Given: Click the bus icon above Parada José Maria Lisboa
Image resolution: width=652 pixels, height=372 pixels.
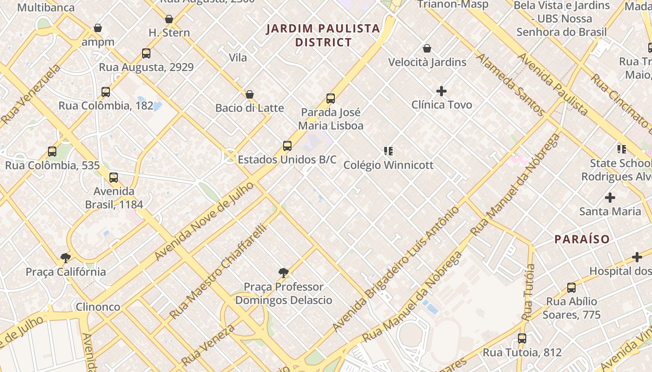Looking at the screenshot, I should coord(331,99).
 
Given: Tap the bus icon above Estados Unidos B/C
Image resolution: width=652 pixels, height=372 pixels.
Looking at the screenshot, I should coord(287,146).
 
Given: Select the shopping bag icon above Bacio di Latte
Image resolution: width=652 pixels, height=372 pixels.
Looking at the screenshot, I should coord(250,94).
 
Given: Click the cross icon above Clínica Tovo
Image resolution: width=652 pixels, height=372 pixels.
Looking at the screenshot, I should coord(441,91).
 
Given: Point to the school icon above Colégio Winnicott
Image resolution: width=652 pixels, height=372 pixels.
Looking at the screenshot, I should coord(388,151).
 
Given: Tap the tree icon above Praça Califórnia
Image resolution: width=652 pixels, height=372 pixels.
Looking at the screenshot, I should coord(66,258).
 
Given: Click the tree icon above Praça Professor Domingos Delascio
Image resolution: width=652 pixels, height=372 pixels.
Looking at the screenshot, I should coord(283,273).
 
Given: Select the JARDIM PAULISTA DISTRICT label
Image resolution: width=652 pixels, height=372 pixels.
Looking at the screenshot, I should coord(323,35).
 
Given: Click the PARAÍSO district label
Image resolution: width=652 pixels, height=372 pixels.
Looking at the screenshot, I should coord(582,239).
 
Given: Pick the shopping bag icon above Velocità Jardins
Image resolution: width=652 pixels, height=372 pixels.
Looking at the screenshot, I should coord(427,48).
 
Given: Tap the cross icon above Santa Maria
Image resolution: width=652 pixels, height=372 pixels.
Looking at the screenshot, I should coord(610,198).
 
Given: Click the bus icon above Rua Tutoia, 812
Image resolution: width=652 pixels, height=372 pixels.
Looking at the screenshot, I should coord(522,339).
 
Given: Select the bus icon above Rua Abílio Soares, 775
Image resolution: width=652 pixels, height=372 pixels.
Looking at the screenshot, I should coord(571,288).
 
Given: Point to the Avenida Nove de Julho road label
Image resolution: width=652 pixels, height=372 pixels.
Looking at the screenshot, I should coord(204,221).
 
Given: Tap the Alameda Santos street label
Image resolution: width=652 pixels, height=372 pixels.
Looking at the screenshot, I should coord(510,85).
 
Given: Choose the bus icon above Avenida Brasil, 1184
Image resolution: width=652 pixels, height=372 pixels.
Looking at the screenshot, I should coord(114,178).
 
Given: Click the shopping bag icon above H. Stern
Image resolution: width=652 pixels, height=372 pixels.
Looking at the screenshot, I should coord(169,19).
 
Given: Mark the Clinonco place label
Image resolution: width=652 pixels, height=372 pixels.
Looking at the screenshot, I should coord(98,307).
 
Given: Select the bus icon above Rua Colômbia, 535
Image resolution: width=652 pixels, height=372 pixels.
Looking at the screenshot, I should coord(52,152).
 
